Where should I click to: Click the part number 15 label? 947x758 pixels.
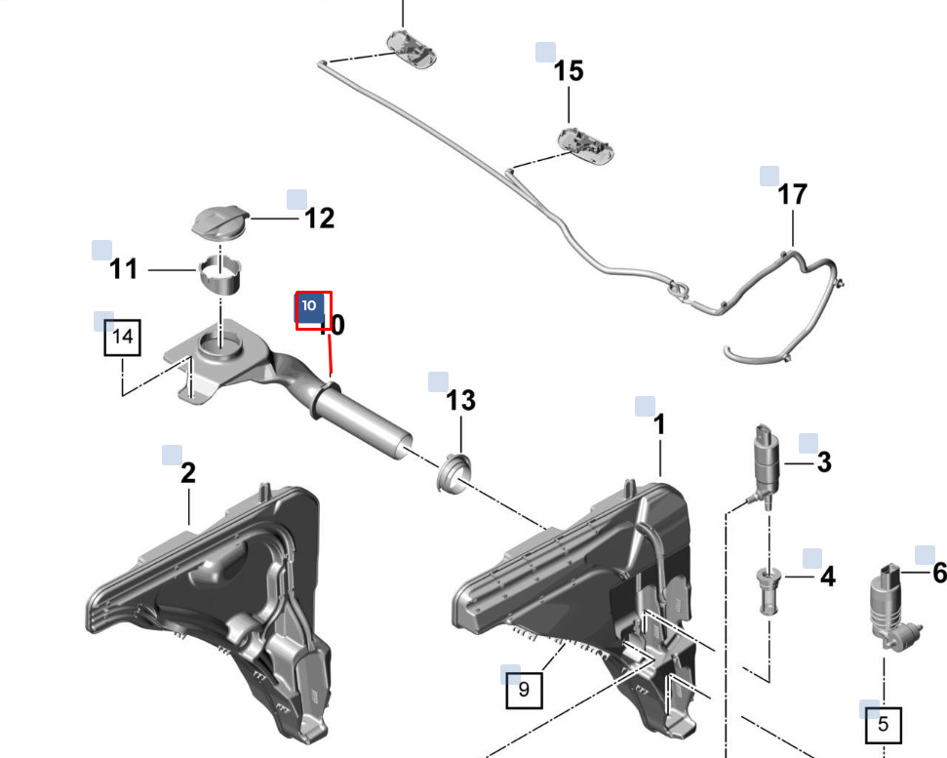coord(569,70)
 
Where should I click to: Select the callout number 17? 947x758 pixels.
coord(792,194)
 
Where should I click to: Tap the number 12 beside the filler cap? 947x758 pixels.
coord(320,219)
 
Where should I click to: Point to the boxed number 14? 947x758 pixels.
coord(123,337)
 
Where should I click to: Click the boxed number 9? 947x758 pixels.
coord(524,689)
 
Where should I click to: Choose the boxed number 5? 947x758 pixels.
coord(883,725)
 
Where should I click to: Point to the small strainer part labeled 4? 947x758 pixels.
coord(768,589)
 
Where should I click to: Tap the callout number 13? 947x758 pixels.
coord(460,400)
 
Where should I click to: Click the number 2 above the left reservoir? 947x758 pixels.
coord(188,473)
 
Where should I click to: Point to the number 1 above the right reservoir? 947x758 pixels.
coord(659,424)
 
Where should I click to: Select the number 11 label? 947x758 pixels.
coord(123,269)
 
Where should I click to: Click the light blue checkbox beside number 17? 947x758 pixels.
coord(769,176)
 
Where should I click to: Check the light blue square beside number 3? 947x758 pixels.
coord(809,443)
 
